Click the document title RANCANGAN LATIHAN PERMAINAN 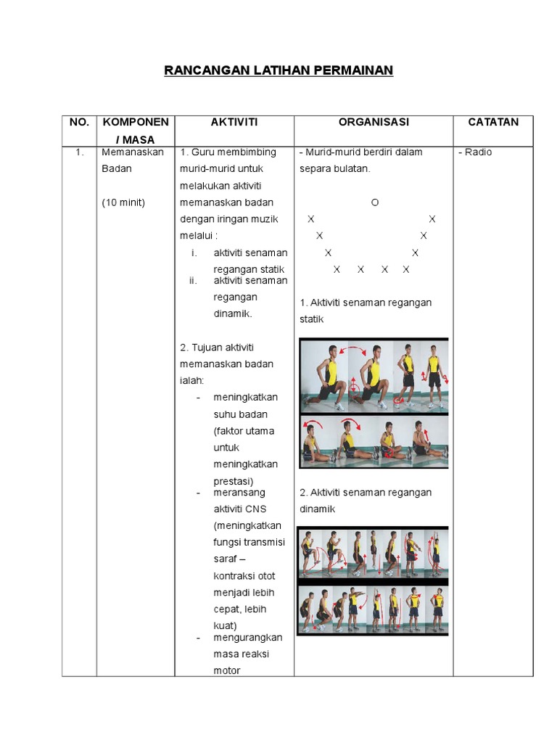click(278, 70)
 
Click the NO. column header click(79, 123)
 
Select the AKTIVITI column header click(234, 123)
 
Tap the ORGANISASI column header click(373, 123)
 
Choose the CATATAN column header click(493, 123)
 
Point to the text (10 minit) click(123, 202)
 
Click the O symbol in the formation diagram click(374, 202)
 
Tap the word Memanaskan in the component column click(133, 152)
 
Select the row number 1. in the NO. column click(79, 152)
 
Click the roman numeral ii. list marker click(193, 281)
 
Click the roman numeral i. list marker click(194, 253)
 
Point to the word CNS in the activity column click(255, 509)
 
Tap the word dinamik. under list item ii click(233, 314)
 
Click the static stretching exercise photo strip click(374, 403)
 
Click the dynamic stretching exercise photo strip click(374, 580)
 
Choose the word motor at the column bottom click(227, 671)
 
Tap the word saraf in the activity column click(226, 559)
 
